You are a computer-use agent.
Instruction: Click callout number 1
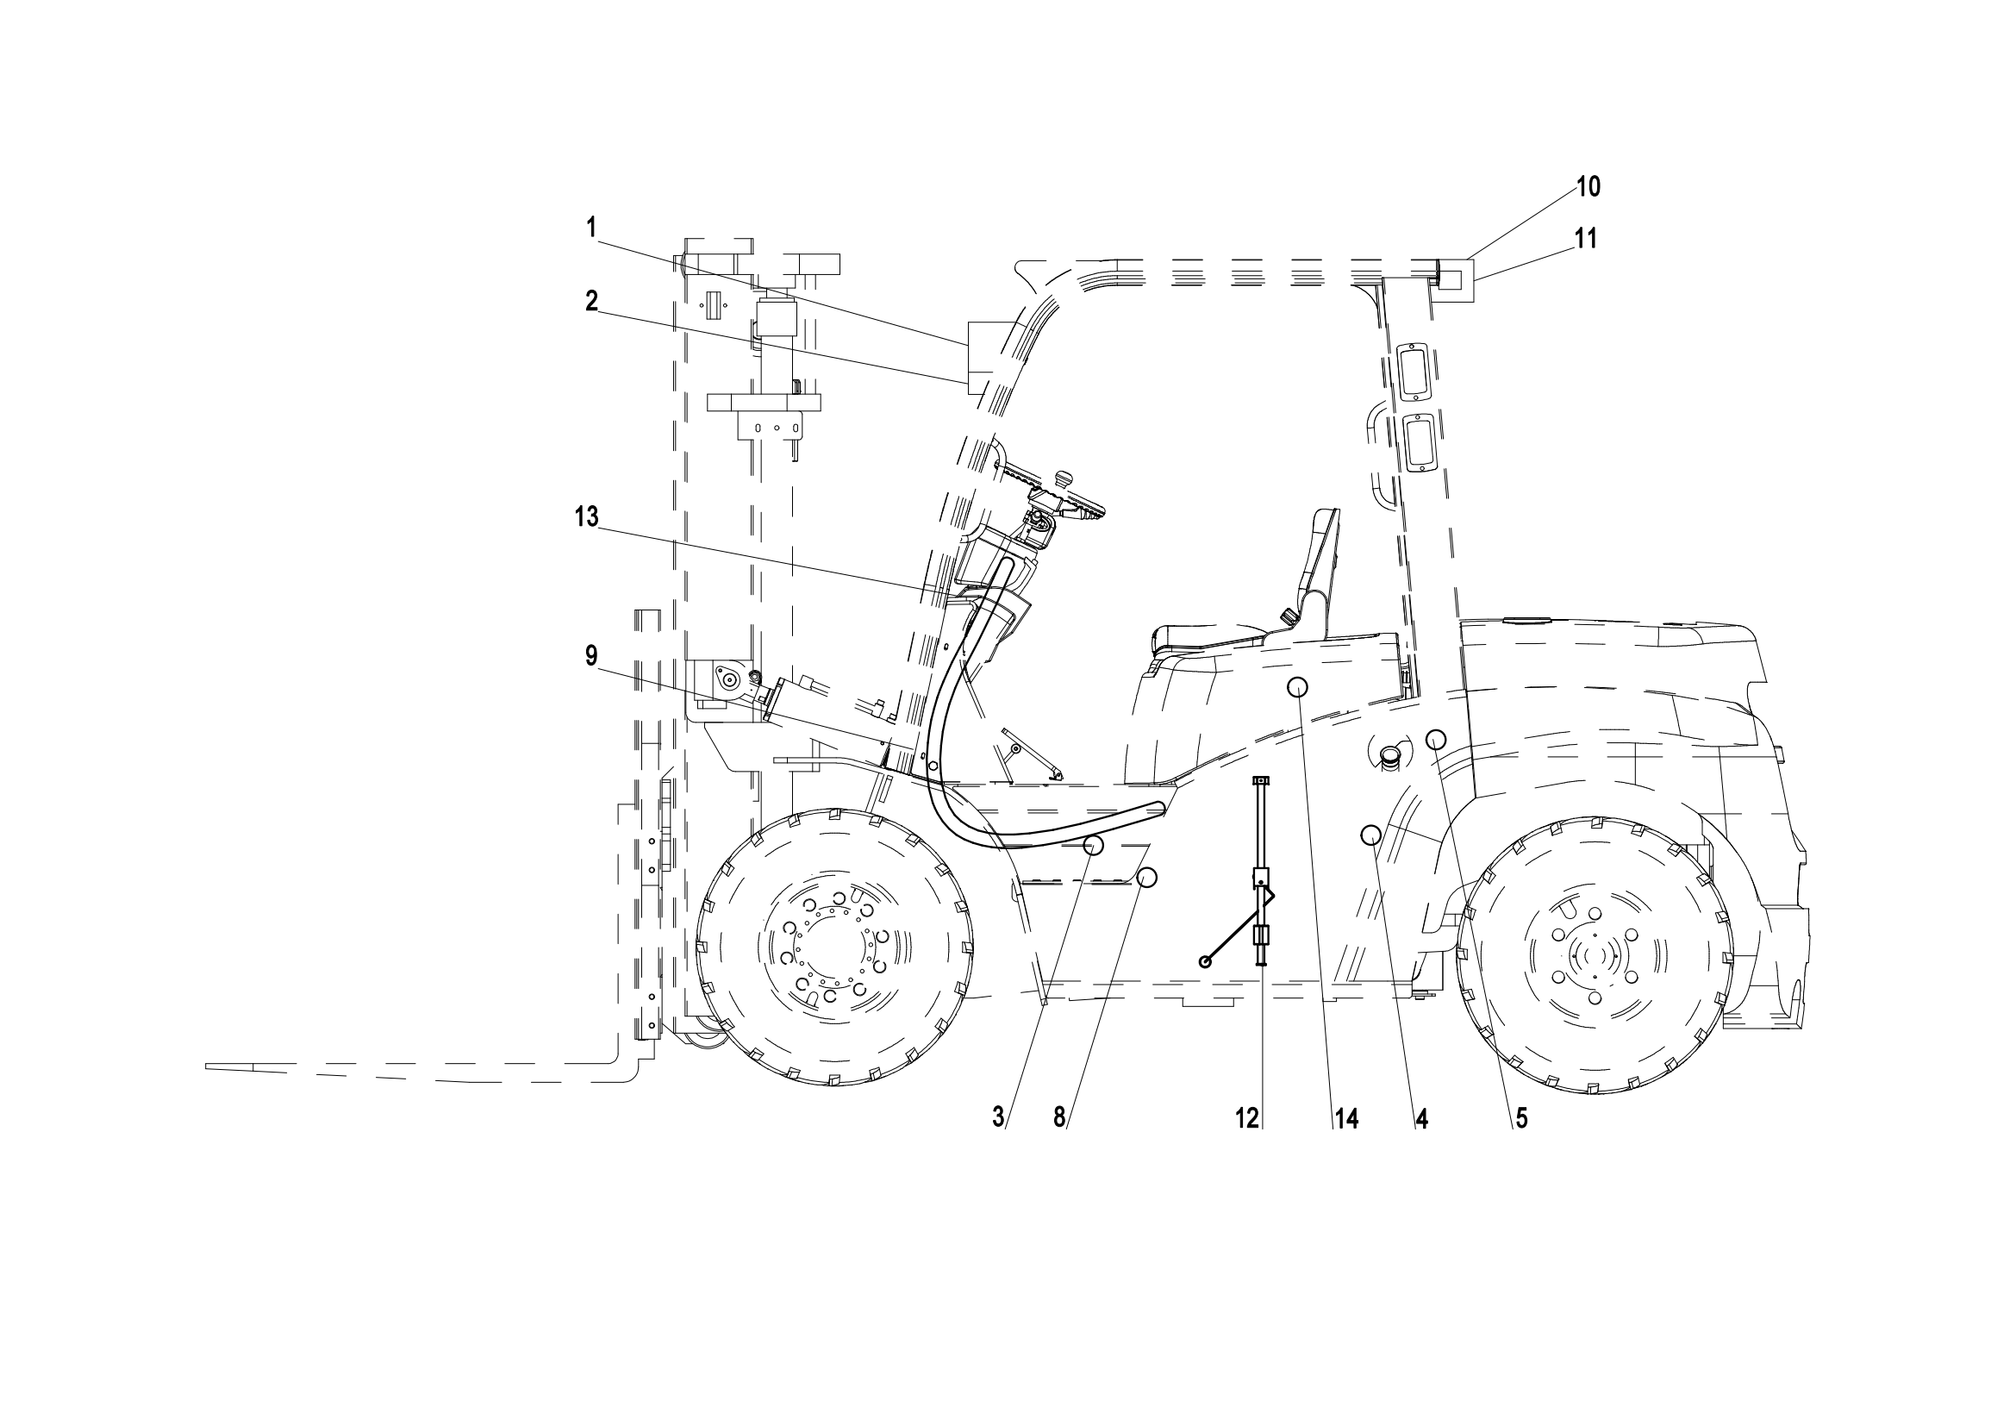click(x=592, y=228)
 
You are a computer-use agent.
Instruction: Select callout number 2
click(x=592, y=301)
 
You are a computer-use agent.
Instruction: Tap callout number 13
click(x=587, y=517)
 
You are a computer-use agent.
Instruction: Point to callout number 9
click(x=592, y=655)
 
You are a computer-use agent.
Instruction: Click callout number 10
click(x=1588, y=186)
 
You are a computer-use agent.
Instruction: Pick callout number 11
click(x=1586, y=238)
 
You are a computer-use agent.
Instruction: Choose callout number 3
click(x=997, y=1118)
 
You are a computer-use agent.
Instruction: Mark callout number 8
click(x=1059, y=1118)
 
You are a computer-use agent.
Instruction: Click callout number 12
click(x=1247, y=1118)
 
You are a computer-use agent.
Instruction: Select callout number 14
click(x=1347, y=1118)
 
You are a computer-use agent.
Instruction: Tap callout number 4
click(x=1421, y=1118)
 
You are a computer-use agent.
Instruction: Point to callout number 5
click(x=1520, y=1118)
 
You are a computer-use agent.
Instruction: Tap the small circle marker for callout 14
click(x=1298, y=686)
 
